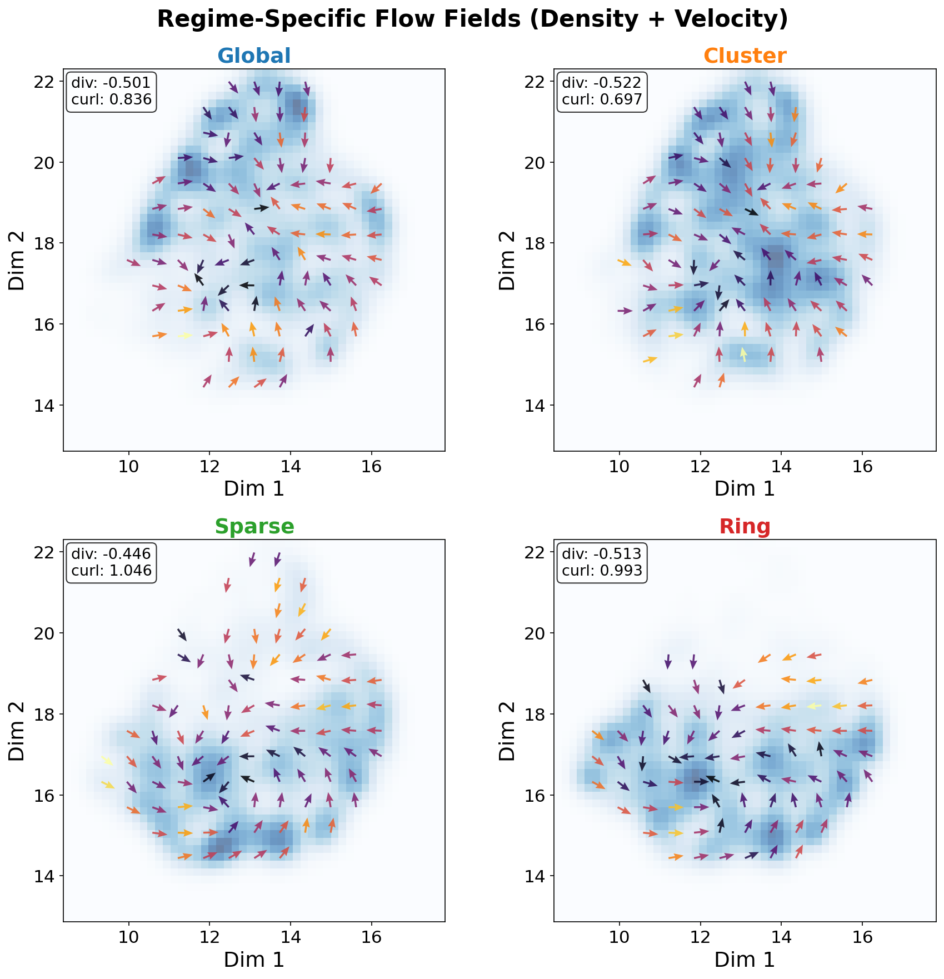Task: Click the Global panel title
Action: tap(254, 56)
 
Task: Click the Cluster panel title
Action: tap(745, 56)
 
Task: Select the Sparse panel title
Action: tap(254, 526)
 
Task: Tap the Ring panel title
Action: tap(745, 526)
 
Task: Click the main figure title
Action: tap(472, 19)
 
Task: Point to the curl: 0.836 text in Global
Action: tap(111, 99)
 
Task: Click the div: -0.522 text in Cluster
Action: tap(602, 83)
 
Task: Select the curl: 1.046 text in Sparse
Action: tap(111, 571)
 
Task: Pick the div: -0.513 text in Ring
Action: tap(602, 553)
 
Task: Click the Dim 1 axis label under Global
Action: tap(254, 489)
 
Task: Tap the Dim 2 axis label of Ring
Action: tap(507, 730)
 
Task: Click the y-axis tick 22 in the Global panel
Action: tap(47, 82)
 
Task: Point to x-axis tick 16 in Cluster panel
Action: tap(862, 467)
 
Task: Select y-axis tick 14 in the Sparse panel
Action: tap(47, 876)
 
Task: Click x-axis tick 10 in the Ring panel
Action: tap(619, 937)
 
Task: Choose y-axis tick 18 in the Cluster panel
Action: tap(538, 243)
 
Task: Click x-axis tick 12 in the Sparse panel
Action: tap(209, 937)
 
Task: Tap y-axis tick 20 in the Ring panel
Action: tap(538, 633)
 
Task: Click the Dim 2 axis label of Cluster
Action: tap(507, 259)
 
